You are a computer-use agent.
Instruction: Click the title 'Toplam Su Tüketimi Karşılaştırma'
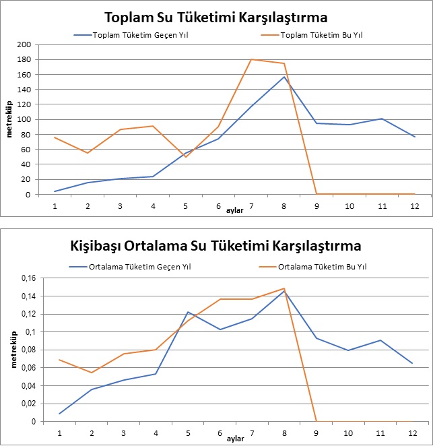click(216, 17)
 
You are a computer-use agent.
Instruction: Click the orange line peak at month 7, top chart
click(251, 59)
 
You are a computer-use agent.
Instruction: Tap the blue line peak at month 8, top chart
click(284, 77)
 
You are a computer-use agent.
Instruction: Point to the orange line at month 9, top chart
click(317, 194)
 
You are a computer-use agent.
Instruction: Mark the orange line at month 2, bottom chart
click(92, 373)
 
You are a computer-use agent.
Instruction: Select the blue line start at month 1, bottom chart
click(59, 414)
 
